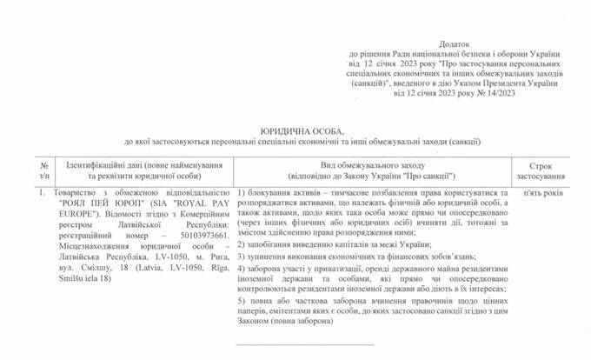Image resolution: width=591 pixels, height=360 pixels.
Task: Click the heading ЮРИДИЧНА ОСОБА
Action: (295, 129)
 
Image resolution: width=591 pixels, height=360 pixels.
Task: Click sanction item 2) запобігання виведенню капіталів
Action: (322, 244)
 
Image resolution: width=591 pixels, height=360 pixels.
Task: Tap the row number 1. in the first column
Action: (30, 189)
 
